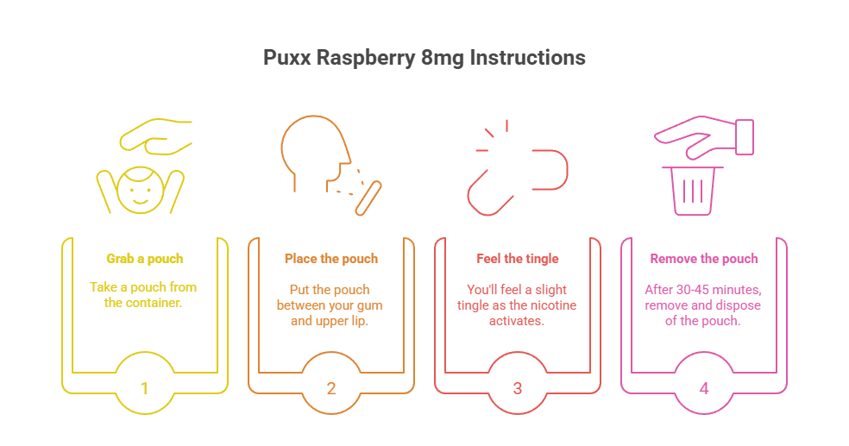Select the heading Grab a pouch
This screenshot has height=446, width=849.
coord(144,258)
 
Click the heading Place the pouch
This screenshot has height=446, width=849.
coord(330,258)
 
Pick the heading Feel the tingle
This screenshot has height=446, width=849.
coord(518,258)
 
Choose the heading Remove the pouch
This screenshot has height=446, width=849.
coord(703,258)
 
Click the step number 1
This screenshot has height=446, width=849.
coord(144,387)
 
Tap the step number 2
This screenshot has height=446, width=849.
coord(331,387)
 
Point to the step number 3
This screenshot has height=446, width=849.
coord(518,387)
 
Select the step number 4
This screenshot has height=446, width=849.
coord(704,387)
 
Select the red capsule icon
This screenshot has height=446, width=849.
coord(518,181)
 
